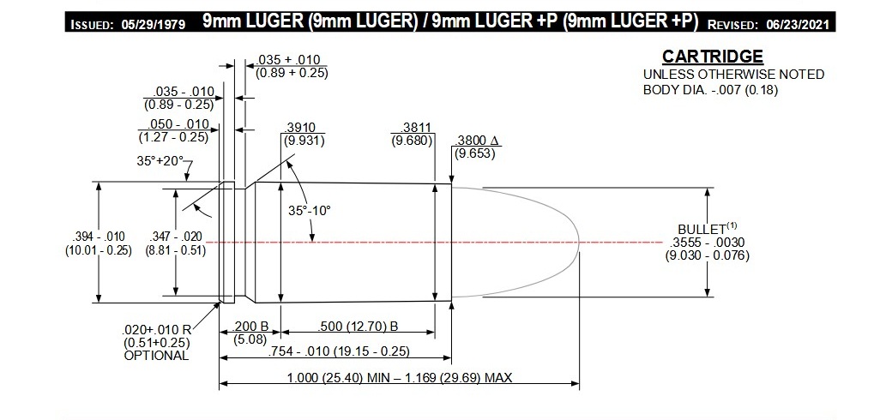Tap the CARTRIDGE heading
click(712, 57)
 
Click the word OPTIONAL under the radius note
click(155, 355)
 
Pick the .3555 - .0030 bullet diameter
click(708, 243)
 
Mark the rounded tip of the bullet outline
click(582, 243)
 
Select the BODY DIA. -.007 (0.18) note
click(710, 89)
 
